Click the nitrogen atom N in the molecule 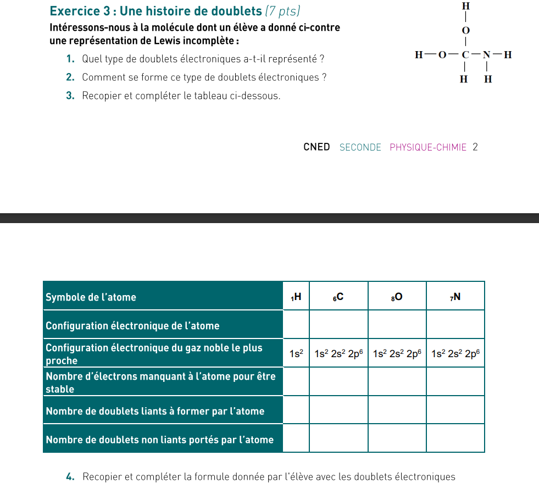[487, 54]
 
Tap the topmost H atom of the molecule [466, 6]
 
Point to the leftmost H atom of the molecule [419, 54]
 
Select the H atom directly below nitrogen [487, 80]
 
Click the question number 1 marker [70, 59]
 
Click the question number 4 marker [70, 476]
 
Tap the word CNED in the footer [316, 147]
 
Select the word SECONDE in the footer [360, 147]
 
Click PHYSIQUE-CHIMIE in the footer [428, 147]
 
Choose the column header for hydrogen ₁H [296, 297]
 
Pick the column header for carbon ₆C [338, 297]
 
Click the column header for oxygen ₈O [397, 297]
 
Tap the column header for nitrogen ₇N [455, 297]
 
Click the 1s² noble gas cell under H [296, 354]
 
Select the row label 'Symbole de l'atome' [91, 297]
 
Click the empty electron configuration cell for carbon [338, 325]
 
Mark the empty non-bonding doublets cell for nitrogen [455, 438]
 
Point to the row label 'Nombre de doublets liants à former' [155, 411]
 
